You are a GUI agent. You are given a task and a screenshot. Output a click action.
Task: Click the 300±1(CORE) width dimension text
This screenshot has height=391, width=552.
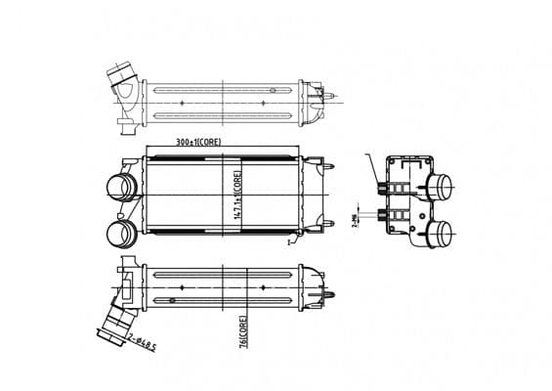pyautogui.click(x=199, y=143)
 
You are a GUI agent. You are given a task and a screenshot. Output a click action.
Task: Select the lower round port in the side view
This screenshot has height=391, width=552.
pyautogui.click(x=443, y=231)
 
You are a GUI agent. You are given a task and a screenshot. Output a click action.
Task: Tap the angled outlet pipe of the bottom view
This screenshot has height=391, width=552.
pyautogui.click(x=114, y=321)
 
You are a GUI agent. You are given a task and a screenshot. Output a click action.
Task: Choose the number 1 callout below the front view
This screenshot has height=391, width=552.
pyautogui.click(x=290, y=241)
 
